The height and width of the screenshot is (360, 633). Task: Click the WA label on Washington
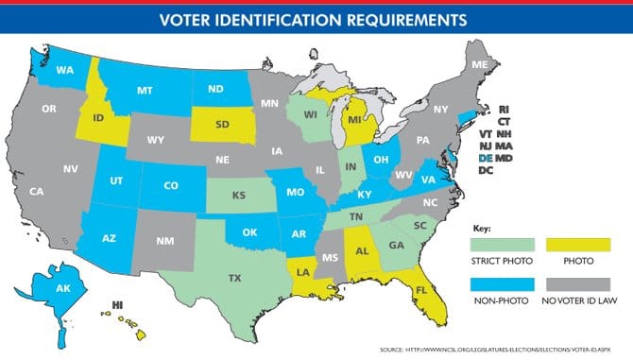click(x=64, y=69)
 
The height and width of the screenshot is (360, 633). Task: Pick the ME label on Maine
click(x=479, y=64)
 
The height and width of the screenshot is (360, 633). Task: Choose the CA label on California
click(x=36, y=192)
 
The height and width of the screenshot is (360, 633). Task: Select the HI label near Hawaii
click(x=117, y=305)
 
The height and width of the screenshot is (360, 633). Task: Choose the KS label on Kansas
click(x=239, y=197)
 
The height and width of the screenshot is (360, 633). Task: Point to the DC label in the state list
click(x=486, y=171)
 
